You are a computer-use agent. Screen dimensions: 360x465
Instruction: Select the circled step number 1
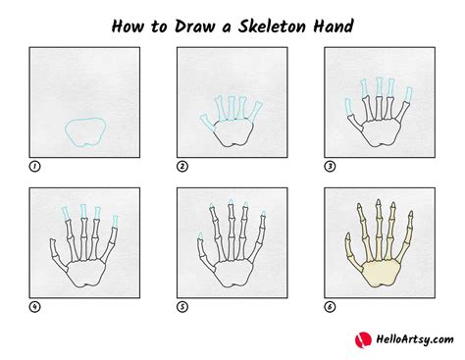[34, 166]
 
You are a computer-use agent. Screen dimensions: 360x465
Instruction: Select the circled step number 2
[182, 166]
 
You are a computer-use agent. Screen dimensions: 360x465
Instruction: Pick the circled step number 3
[330, 166]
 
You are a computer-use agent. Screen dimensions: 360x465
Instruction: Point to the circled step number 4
[34, 306]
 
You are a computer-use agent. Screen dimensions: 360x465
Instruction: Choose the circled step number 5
[182, 306]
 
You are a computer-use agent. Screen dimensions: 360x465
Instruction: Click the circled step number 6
[330, 306]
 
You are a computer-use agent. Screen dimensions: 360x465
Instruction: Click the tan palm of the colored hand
[380, 272]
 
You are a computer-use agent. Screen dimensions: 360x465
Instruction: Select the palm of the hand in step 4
[85, 272]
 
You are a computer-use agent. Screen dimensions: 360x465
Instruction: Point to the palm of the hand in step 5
[232, 272]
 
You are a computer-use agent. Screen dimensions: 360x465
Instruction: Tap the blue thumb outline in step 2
[206, 123]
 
